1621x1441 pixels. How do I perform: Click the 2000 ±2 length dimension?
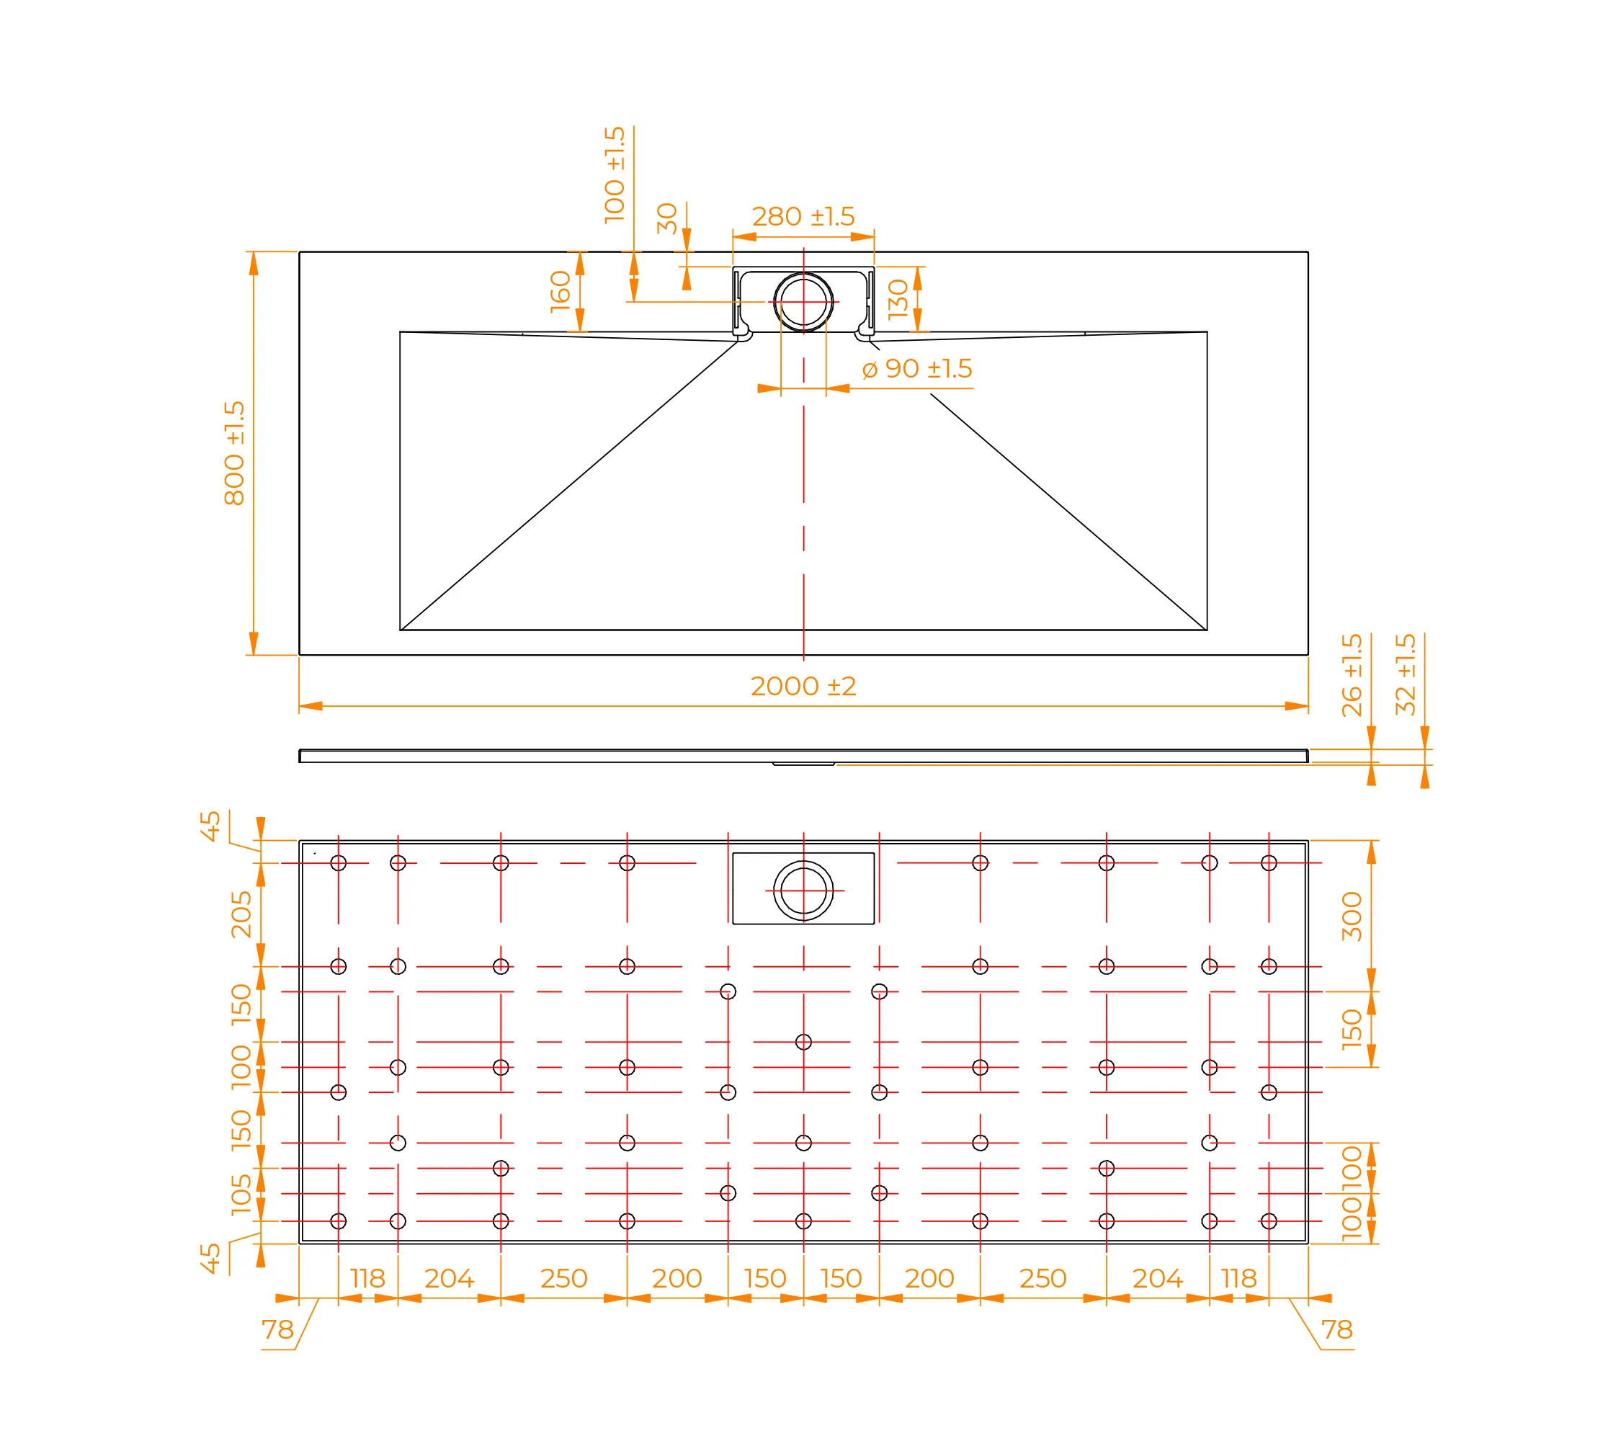tap(803, 686)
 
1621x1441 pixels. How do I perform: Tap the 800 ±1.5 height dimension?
tap(235, 453)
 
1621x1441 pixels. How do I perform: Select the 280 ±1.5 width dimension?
tap(803, 216)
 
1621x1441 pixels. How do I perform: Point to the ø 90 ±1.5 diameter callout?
tap(917, 369)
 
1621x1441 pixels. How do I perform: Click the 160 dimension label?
tap(561, 291)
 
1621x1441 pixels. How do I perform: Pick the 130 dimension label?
tap(898, 299)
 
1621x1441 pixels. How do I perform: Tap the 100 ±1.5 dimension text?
tap(615, 175)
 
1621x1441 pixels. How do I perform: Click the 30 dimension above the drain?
tap(667, 219)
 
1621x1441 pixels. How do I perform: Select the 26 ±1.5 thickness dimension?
tap(1352, 675)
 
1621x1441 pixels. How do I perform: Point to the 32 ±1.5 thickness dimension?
tap(1406, 674)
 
